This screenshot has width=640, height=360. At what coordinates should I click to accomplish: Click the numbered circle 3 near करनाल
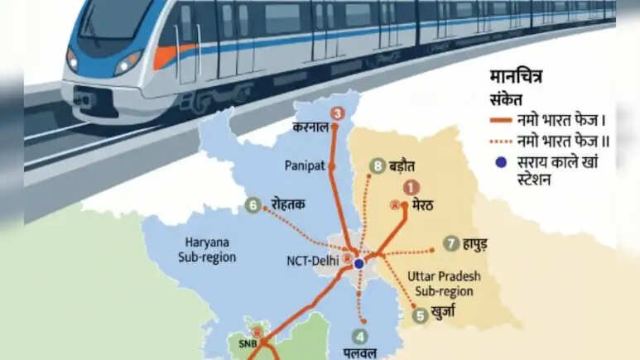pos(336,113)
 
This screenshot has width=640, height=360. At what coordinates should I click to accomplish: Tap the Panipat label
pos(301,165)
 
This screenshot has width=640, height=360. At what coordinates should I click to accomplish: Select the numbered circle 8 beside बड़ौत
pos(378,166)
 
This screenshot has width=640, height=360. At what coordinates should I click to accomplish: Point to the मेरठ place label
pos(422,204)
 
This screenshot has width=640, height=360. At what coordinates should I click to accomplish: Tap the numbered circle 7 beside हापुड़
pos(451,243)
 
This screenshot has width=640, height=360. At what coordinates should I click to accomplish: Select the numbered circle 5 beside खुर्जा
pos(420,314)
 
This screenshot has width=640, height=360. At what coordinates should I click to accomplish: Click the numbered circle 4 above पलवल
pos(359,336)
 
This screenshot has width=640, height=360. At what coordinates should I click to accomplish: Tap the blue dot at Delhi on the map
pos(358,264)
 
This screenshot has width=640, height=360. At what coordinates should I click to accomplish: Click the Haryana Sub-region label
pos(206,249)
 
